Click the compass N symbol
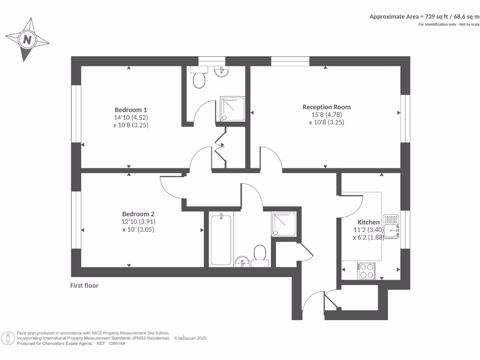coord(28,40)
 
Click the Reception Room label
coord(326,107)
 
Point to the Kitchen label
coord(368,222)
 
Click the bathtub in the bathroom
coord(221,239)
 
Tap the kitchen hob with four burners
coord(367,270)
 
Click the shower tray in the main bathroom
coord(284,224)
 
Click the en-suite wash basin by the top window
coord(220,71)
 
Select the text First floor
coord(84,285)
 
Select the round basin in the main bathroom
coord(242,260)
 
